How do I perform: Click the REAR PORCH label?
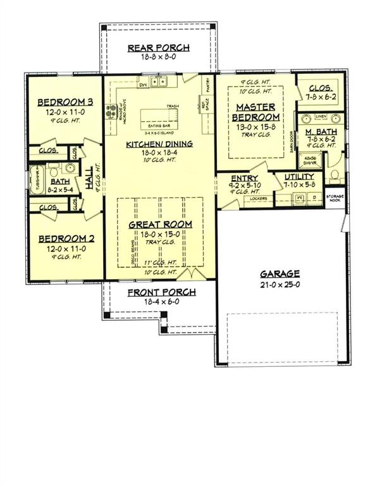pyautogui.click(x=157, y=48)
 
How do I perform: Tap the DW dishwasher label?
pyautogui.click(x=143, y=84)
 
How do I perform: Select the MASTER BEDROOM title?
pyautogui.click(x=255, y=112)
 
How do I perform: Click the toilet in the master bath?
pyautogui.click(x=336, y=174)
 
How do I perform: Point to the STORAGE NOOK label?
pyautogui.click(x=334, y=198)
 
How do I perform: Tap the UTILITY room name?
pyautogui.click(x=299, y=177)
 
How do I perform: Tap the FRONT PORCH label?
pyautogui.click(x=161, y=292)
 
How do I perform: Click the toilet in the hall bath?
pyautogui.click(x=54, y=171)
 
